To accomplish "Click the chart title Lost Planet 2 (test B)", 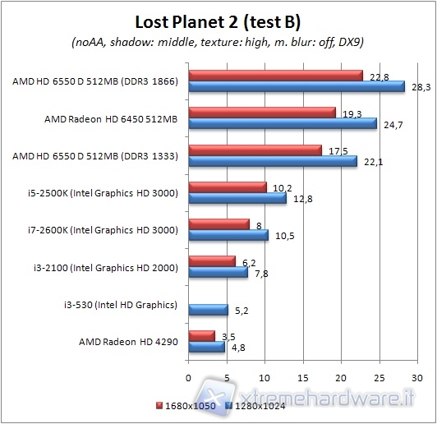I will [218, 21].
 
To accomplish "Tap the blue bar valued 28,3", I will [297, 86].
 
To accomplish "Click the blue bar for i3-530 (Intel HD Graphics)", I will [208, 310].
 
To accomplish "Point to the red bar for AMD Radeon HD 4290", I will [202, 336].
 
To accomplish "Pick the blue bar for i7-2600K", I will [228, 236].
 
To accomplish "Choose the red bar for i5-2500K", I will [228, 187].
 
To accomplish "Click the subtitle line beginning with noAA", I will [218, 42].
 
